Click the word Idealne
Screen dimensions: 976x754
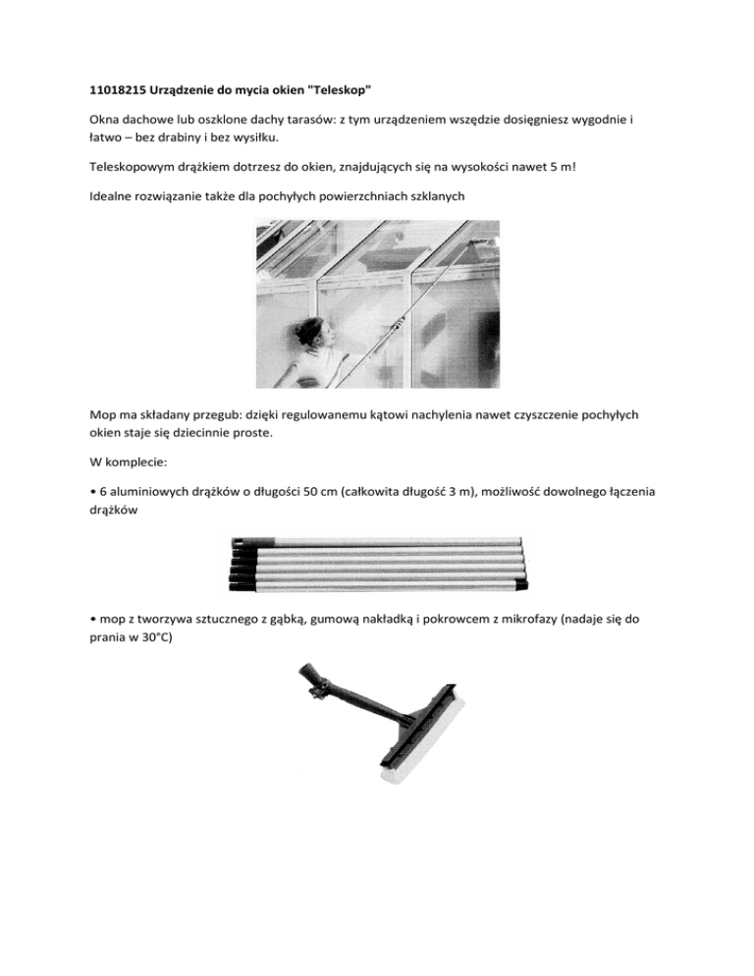pos(101,195)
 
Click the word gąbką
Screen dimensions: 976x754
pos(299,621)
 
